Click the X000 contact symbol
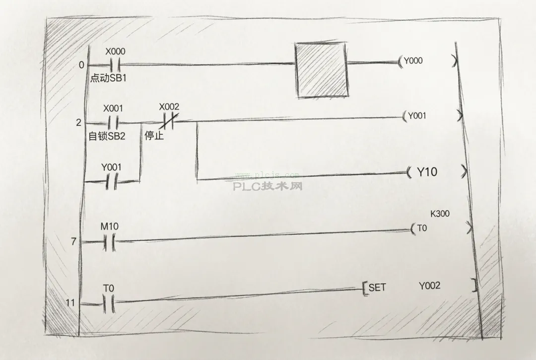tap(115, 64)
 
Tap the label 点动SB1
tap(108, 78)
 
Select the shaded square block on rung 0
tap(322, 70)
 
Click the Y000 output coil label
tap(413, 61)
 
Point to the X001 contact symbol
tap(113, 122)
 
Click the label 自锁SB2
tap(107, 136)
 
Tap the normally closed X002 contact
tap(169, 121)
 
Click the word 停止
tap(154, 136)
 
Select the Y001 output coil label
tap(417, 116)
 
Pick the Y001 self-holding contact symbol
tap(111, 181)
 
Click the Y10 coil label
tap(427, 172)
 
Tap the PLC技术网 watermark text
tap(268, 186)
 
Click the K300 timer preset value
tap(440, 214)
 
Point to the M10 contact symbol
tap(109, 242)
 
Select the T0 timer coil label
tap(422, 228)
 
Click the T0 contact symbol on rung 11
tap(109, 303)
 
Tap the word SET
tap(377, 288)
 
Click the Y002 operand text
tap(429, 286)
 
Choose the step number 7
tap(73, 242)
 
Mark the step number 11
tap(70, 303)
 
